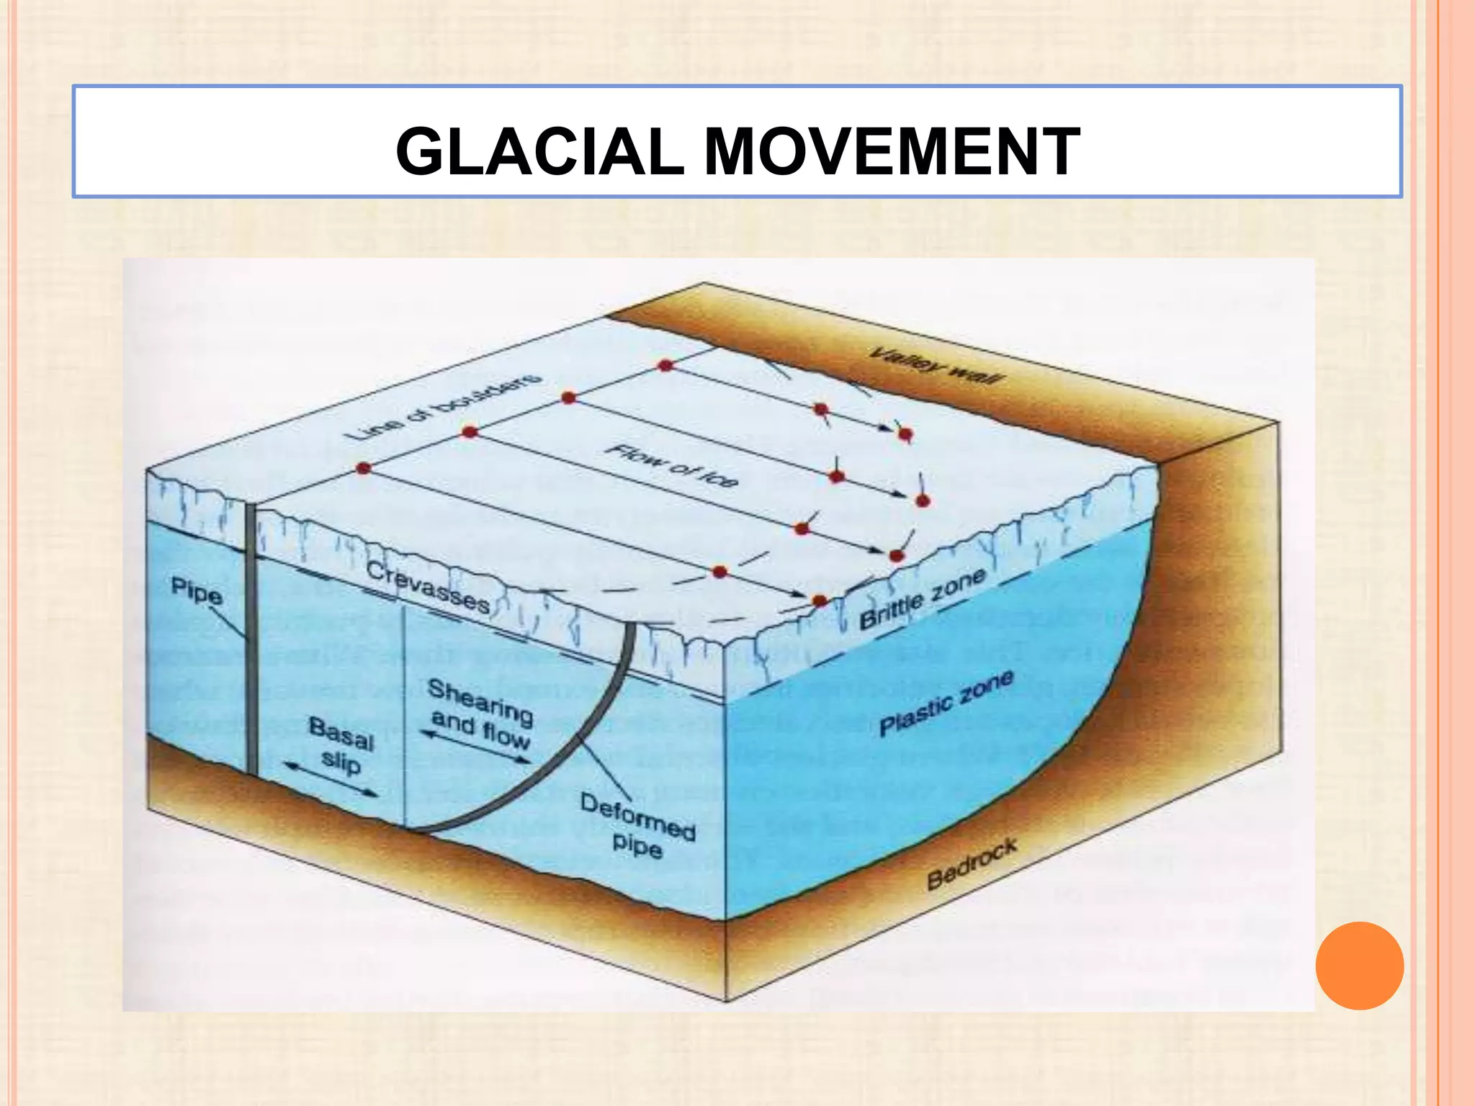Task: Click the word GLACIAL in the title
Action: [x=539, y=151]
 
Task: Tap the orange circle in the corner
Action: [x=1359, y=966]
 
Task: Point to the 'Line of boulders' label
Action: [x=442, y=406]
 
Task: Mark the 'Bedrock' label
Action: [x=972, y=863]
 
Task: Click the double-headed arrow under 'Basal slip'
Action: [x=331, y=779]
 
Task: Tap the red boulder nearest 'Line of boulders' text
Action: [x=470, y=432]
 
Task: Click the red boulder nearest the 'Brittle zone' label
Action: [x=820, y=601]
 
